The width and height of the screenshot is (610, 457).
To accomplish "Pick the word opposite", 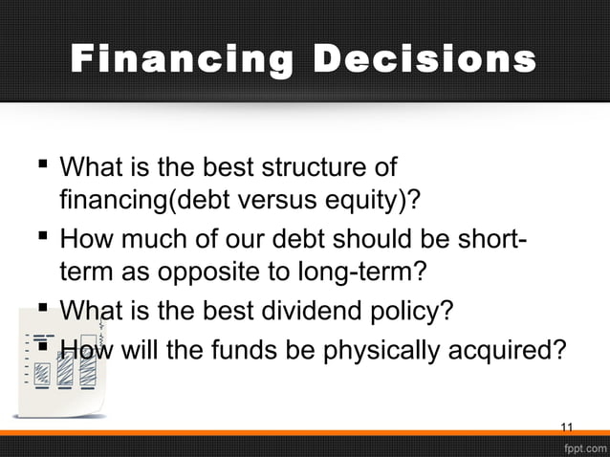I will (x=220, y=271).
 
